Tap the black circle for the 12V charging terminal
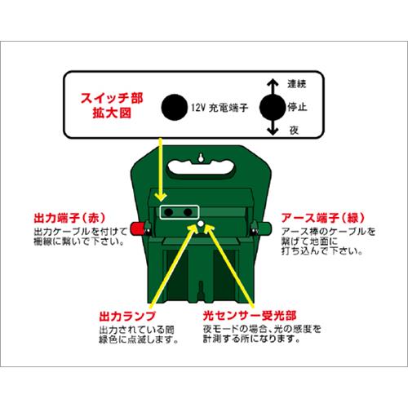click(x=173, y=108)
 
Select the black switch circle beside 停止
click(x=270, y=108)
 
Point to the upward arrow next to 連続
click(x=270, y=85)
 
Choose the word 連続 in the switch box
click(x=298, y=85)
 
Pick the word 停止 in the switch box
click(x=298, y=108)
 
